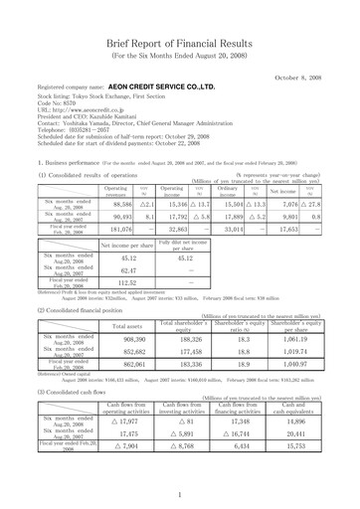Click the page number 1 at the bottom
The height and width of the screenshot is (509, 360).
(x=179, y=494)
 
